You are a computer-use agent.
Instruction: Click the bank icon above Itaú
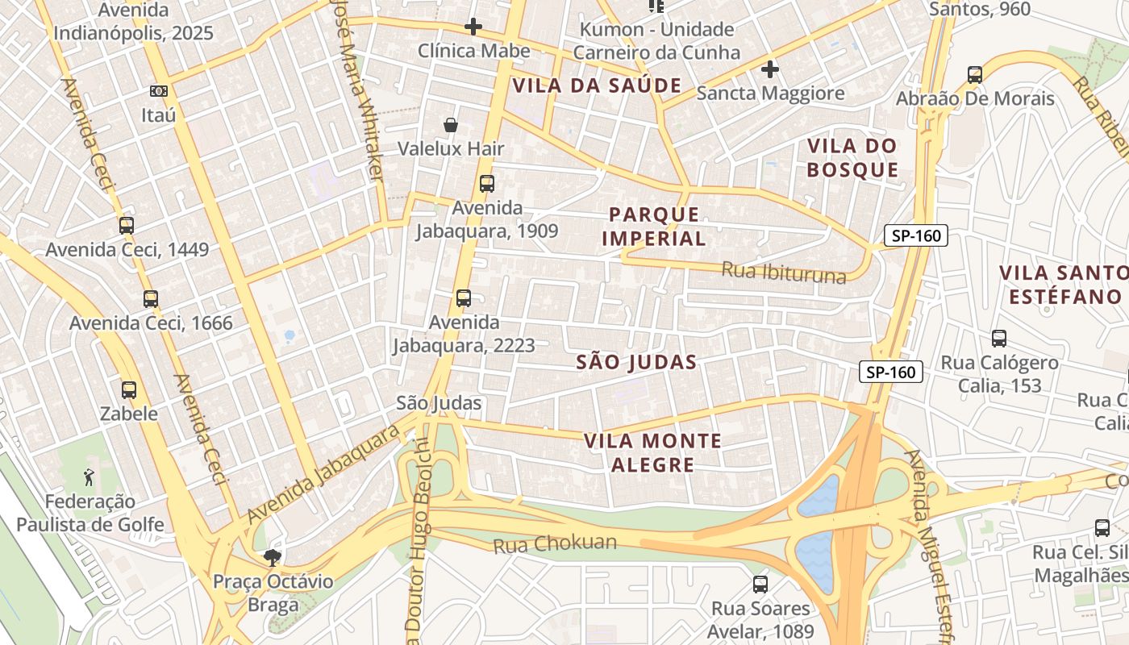tap(159, 91)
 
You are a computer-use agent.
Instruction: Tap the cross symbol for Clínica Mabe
tap(473, 27)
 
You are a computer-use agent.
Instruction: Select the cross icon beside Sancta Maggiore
tap(770, 69)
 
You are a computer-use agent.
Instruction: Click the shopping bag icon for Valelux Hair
tap(451, 125)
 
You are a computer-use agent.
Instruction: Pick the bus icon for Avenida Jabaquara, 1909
tap(486, 183)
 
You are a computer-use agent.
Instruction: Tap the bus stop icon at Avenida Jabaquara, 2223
tap(463, 298)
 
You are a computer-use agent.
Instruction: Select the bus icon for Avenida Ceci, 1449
tap(127, 226)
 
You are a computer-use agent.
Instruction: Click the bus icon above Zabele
tap(129, 390)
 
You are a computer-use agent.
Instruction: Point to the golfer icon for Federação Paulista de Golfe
tap(90, 477)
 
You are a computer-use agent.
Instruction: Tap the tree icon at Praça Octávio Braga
tap(273, 557)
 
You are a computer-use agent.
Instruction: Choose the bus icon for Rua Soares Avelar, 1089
tap(760, 585)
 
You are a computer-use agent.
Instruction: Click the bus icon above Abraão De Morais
tap(975, 75)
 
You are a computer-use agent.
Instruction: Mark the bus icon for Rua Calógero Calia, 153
tap(999, 339)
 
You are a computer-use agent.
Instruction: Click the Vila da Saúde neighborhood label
tap(598, 85)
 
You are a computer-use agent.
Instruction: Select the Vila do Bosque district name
tap(852, 158)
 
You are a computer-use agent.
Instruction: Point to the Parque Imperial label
tap(653, 227)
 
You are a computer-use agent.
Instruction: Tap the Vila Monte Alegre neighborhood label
tap(652, 452)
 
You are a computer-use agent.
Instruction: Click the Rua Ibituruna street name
tap(784, 272)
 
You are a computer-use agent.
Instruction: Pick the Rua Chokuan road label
tap(555, 544)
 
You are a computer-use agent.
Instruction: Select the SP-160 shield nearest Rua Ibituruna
tap(915, 236)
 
